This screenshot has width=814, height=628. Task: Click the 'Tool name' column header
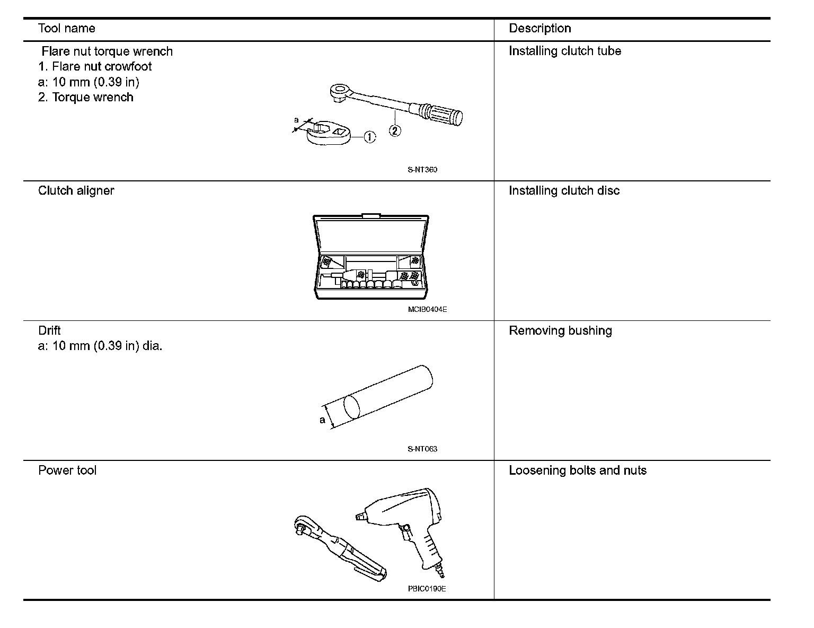click(67, 29)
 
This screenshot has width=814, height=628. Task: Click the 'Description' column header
click(539, 29)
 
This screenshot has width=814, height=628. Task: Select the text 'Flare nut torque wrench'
click(107, 51)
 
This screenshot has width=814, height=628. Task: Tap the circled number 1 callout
click(369, 137)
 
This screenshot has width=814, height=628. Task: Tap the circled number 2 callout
click(395, 130)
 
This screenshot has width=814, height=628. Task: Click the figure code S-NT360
click(422, 170)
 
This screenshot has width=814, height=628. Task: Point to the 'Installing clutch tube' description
click(564, 51)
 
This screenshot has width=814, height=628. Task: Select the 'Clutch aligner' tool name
click(76, 191)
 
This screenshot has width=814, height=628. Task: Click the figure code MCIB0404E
click(427, 309)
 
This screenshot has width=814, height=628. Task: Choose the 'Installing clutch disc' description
click(564, 191)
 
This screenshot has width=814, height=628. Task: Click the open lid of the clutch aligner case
click(371, 233)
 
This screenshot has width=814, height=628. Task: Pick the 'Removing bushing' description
click(560, 331)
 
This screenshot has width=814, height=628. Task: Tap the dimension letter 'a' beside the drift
click(322, 420)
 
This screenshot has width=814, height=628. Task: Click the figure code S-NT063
click(422, 449)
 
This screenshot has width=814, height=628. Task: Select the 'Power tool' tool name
click(67, 470)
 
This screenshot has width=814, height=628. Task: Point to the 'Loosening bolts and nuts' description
click(578, 470)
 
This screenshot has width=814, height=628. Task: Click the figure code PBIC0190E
click(427, 589)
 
